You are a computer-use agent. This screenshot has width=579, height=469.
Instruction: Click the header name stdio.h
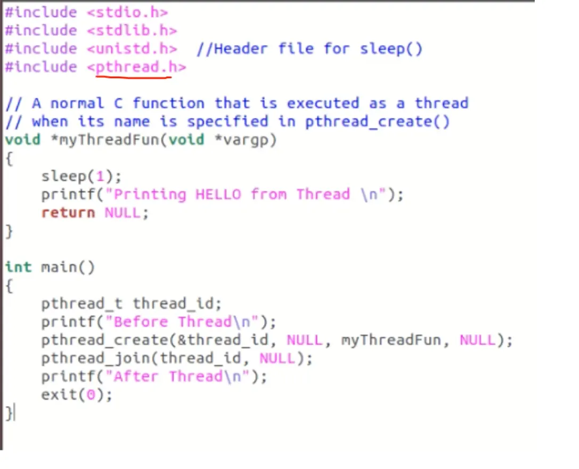(127, 12)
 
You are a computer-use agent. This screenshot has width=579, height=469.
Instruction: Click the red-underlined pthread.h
(136, 67)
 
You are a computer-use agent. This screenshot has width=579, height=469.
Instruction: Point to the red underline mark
(133, 77)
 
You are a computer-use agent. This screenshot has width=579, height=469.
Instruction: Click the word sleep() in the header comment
(391, 48)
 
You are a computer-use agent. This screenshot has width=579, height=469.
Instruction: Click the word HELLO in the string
(218, 194)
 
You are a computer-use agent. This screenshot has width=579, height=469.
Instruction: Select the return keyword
(68, 213)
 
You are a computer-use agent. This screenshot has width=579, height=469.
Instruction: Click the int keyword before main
(19, 267)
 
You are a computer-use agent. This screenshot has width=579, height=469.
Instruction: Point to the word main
(59, 267)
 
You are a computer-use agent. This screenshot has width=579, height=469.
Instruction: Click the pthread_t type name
(81, 303)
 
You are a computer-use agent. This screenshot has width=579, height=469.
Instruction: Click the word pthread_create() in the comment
(377, 121)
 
